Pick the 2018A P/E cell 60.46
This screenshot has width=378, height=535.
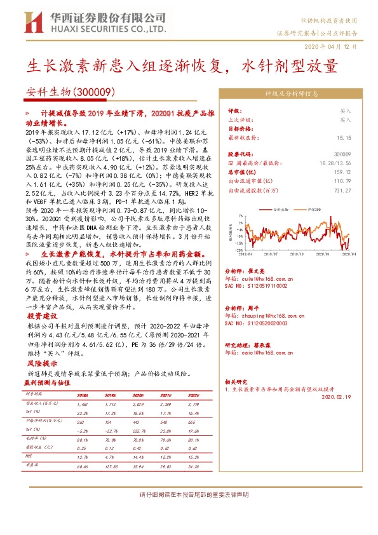(x=82, y=466)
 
